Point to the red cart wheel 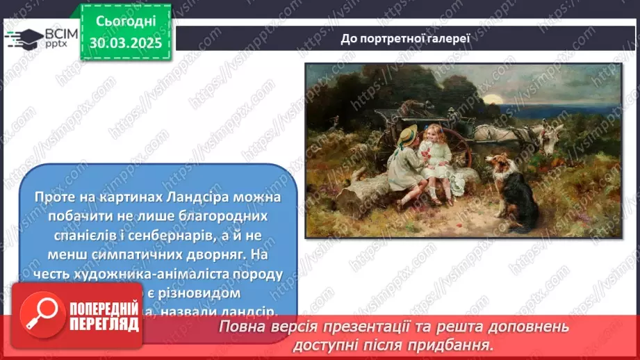(455, 146)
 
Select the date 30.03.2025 (126, 43)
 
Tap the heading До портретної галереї (405, 38)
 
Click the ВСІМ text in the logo (60, 32)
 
